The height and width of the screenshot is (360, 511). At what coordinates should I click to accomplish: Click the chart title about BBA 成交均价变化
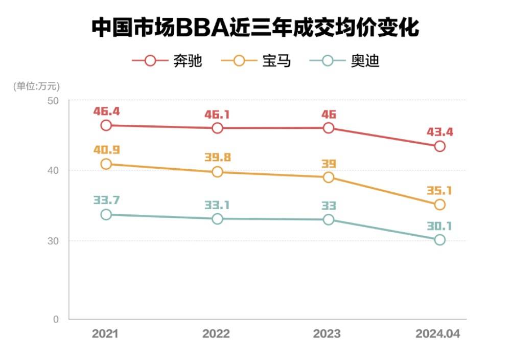(255, 28)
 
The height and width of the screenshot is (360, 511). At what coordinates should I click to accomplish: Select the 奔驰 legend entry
(167, 61)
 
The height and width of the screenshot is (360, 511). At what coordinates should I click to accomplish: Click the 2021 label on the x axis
(105, 334)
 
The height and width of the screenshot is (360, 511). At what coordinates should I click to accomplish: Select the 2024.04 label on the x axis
(438, 334)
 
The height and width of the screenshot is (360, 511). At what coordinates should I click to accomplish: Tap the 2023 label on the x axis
(327, 334)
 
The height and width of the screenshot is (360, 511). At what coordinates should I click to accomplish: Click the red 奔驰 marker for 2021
(106, 125)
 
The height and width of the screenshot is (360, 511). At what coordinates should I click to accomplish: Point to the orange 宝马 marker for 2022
(217, 172)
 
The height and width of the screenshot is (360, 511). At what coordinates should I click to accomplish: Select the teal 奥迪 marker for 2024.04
(439, 240)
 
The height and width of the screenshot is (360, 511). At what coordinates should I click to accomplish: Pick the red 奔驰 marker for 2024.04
(439, 146)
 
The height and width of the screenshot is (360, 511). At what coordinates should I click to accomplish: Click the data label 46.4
(106, 110)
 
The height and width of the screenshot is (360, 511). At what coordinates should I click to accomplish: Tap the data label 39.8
(217, 157)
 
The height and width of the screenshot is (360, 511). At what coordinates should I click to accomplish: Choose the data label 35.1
(439, 191)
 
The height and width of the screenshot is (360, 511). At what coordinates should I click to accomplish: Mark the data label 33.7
(106, 200)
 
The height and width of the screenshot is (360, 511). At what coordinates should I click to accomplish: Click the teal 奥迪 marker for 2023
(328, 219)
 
